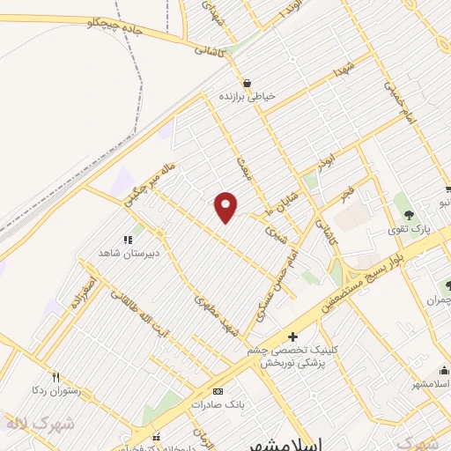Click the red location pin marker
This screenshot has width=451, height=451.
pyautogui.click(x=226, y=206)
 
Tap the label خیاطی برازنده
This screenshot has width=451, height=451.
pyautogui.click(x=247, y=95)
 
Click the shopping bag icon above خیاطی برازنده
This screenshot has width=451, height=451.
pyautogui.click(x=247, y=82)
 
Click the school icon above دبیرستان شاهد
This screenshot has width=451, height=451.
pyautogui.click(x=127, y=239)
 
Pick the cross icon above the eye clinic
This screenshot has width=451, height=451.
pyautogui.click(x=293, y=336)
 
